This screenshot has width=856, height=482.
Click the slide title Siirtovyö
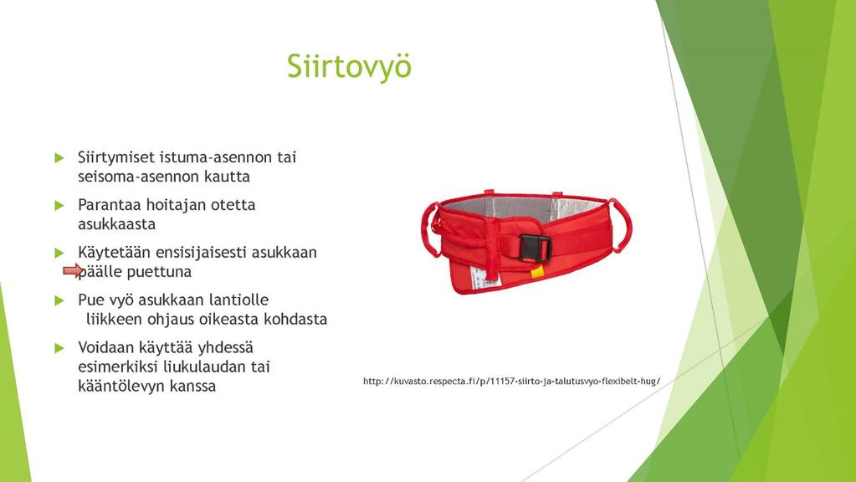point(350,66)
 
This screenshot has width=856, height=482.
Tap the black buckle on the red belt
point(535,248)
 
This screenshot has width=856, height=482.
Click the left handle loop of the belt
point(430,229)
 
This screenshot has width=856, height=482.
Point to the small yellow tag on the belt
point(537,272)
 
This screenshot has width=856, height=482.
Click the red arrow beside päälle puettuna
point(73,270)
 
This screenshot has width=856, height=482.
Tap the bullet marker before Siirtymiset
point(59,158)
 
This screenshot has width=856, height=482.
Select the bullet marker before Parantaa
point(59,206)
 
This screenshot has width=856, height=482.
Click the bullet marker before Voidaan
point(59,348)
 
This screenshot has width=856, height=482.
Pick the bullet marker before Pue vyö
point(59,300)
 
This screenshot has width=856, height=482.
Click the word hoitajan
point(176,205)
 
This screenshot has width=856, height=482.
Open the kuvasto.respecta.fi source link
point(511,381)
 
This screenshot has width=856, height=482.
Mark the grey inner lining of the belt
point(524,208)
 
